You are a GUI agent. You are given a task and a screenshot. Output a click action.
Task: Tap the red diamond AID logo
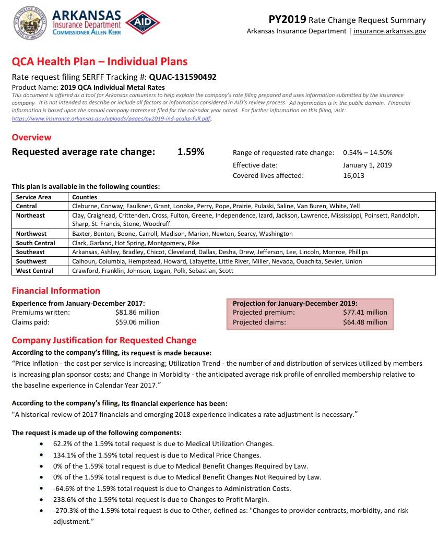pyautogui.click(x=143, y=22)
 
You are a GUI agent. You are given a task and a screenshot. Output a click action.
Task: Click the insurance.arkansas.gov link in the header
pyautogui.click(x=389, y=31)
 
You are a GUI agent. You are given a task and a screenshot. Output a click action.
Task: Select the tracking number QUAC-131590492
pyautogui.click(x=183, y=77)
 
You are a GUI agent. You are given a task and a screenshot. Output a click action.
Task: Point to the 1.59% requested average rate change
pyautogui.click(x=191, y=152)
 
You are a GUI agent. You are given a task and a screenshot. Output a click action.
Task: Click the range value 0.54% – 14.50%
pyautogui.click(x=368, y=153)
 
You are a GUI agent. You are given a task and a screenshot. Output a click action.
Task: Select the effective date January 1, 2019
pyautogui.click(x=368, y=165)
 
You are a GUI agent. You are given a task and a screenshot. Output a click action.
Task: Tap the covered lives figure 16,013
pyautogui.click(x=354, y=176)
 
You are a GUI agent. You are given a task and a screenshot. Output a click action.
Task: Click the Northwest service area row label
pyautogui.click(x=31, y=234)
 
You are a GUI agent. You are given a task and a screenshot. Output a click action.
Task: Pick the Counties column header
pyautogui.click(x=85, y=197)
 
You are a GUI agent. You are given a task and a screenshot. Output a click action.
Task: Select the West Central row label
pyautogui.click(x=34, y=271)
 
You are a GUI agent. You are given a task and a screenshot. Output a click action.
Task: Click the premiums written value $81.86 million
pyautogui.click(x=137, y=313)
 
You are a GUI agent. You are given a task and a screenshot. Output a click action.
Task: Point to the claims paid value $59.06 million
pyautogui.click(x=137, y=322)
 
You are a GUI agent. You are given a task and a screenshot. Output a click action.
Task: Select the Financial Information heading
pyautogui.click(x=56, y=291)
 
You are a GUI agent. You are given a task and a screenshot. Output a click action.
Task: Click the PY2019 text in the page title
pyautogui.click(x=287, y=20)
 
